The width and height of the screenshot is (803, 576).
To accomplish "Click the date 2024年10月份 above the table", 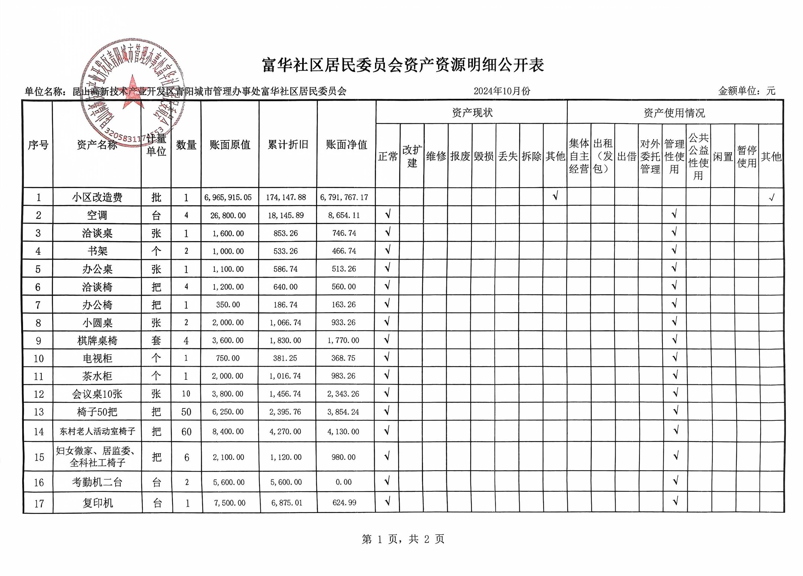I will (502, 91).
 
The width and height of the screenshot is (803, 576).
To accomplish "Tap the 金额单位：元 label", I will (746, 91).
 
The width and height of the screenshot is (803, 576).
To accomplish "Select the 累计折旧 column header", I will (288, 144).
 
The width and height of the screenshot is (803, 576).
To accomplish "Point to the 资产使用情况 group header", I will (674, 113).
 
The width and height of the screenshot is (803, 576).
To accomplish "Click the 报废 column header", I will (460, 156).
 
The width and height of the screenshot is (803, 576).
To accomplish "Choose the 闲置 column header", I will (722, 157).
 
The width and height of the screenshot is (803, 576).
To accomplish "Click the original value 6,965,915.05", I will (228, 197).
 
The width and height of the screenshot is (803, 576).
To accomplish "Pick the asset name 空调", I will (97, 215).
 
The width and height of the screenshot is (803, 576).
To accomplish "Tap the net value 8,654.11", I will (344, 215).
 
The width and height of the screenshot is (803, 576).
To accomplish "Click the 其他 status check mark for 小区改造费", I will (555, 196).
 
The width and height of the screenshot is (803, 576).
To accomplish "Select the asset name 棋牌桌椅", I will (97, 341).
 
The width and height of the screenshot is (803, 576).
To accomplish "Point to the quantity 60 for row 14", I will (186, 432).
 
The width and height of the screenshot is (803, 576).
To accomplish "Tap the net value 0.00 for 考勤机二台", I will (344, 482).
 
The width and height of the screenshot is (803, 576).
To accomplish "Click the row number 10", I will (39, 358).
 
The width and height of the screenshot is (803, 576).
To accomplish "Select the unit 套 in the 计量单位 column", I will (156, 341).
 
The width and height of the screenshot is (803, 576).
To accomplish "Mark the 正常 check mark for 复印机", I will (387, 502).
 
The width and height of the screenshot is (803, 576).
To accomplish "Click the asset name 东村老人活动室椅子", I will (97, 431).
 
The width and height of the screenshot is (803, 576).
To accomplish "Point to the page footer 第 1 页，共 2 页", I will (403, 539).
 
